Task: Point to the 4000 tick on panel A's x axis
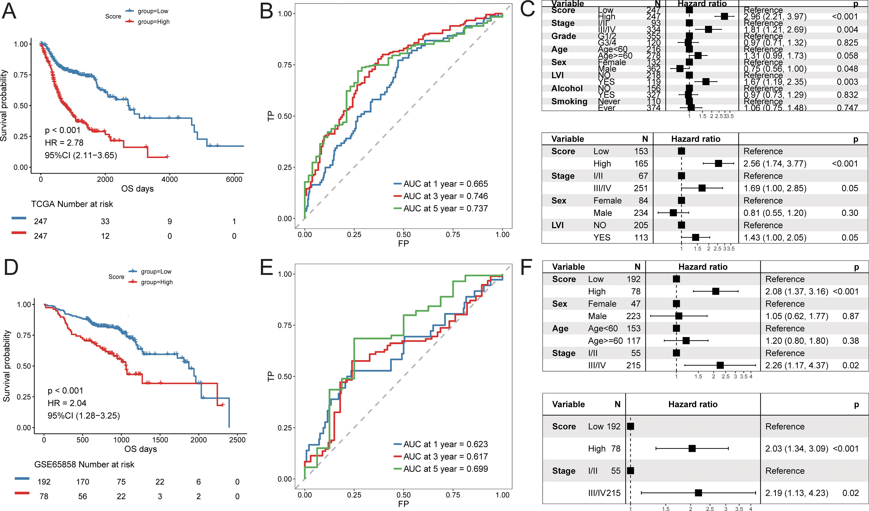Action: point(170,179)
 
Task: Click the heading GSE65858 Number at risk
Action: point(84,464)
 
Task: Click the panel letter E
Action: point(267,267)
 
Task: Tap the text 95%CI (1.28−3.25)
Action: point(84,415)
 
